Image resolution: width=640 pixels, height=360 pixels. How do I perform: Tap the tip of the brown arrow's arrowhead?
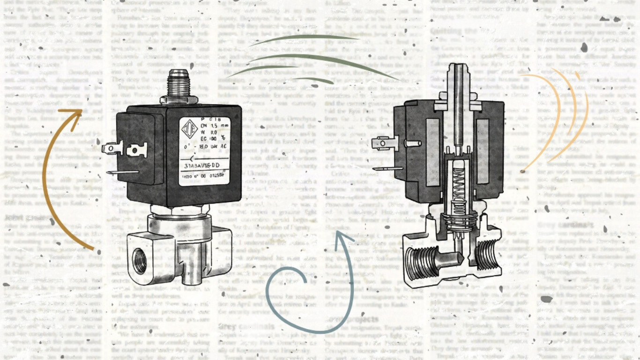82,111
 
